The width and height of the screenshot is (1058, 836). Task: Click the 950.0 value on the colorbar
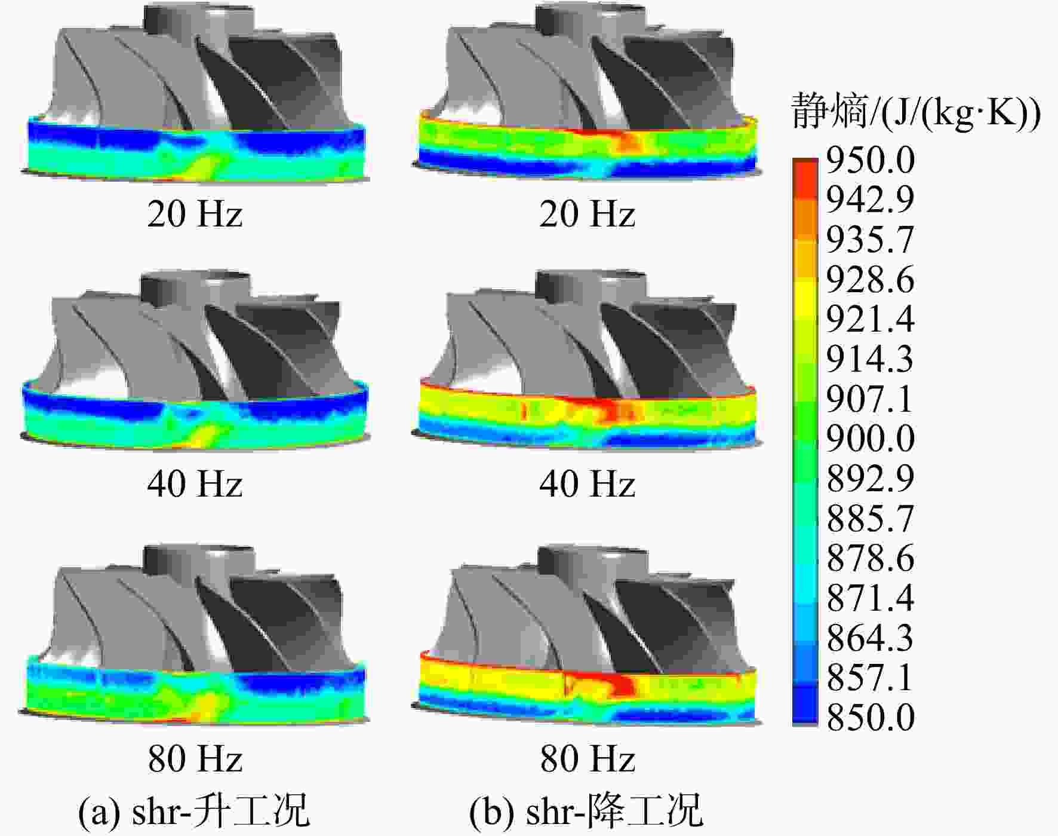870,160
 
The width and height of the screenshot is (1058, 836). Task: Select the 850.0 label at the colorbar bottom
870,716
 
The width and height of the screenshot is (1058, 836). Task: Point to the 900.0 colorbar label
870,438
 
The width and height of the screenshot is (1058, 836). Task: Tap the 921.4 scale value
870,319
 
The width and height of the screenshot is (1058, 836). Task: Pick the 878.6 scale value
870,558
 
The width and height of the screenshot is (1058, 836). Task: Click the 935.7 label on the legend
870,239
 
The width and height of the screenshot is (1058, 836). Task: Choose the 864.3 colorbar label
870,637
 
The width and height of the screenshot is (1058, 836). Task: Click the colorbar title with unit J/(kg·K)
915,112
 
